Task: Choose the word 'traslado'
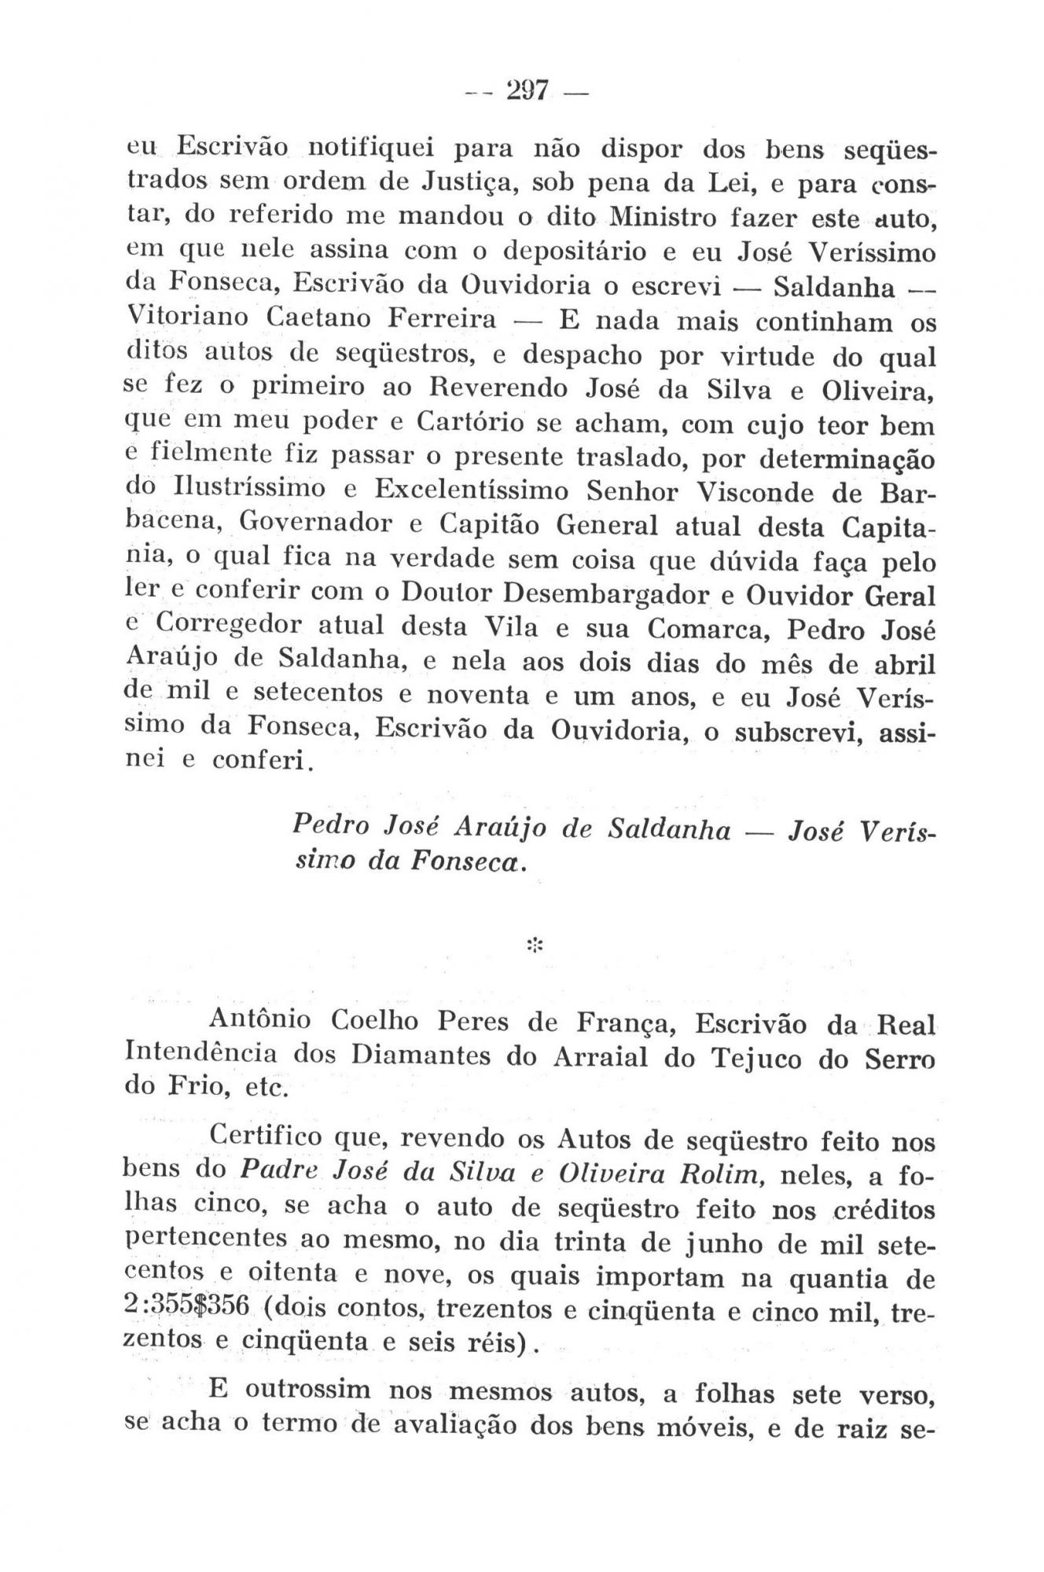pos(630,457)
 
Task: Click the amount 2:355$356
pos(188,1307)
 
